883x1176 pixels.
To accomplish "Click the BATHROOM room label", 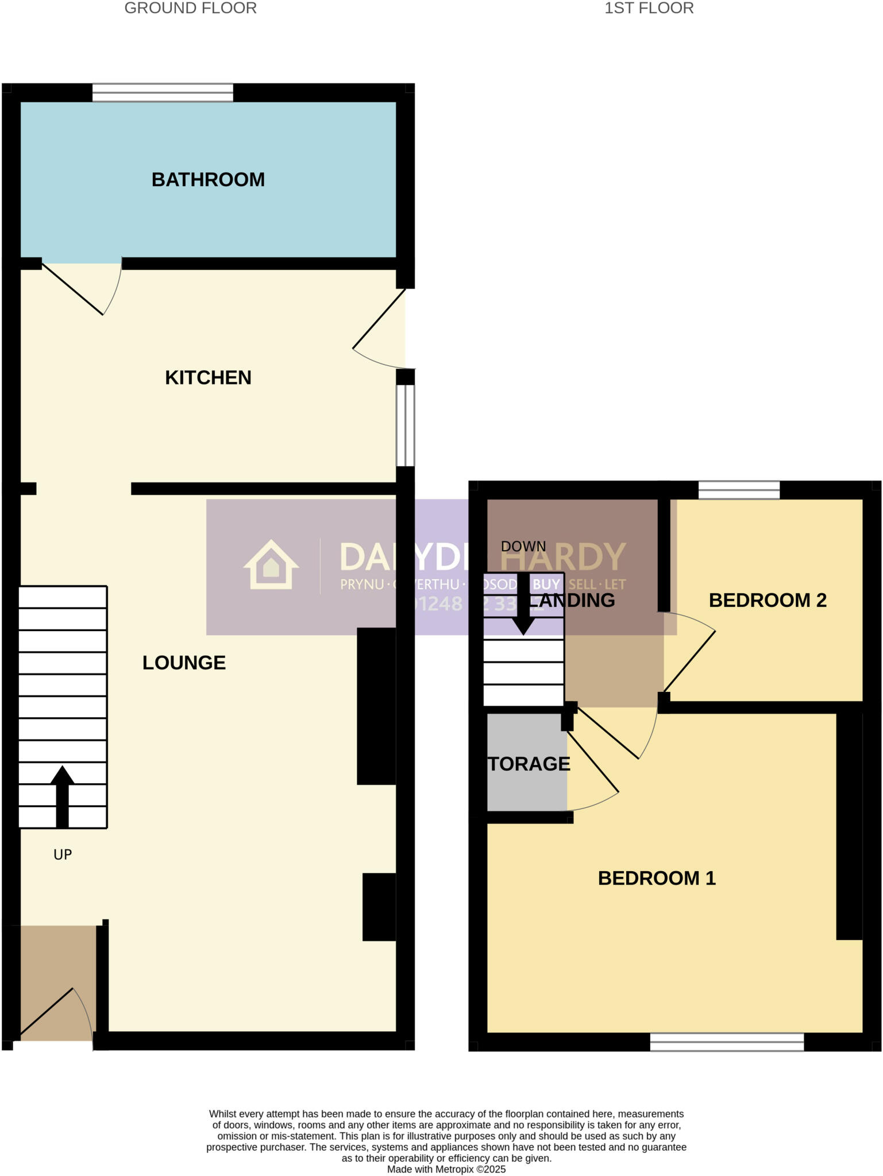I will [x=208, y=180].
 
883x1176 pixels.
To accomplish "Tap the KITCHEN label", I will [x=208, y=378].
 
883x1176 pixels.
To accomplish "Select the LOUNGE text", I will [x=184, y=663].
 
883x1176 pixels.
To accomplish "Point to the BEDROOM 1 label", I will [x=657, y=878].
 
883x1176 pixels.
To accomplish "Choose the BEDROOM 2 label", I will [x=768, y=600].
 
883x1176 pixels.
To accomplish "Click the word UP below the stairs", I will [x=63, y=854].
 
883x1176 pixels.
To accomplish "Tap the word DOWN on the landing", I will [x=523, y=546].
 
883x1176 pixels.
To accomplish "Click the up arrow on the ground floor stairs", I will [x=62, y=795].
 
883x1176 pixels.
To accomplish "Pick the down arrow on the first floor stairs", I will [x=523, y=606].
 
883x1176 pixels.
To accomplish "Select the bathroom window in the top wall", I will [x=163, y=92].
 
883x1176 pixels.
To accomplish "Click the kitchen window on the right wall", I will [x=406, y=425].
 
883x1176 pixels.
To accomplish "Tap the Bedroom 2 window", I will [x=739, y=490].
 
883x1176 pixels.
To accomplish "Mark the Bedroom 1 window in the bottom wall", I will [x=727, y=1042].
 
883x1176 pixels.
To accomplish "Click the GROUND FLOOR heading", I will [x=191, y=8].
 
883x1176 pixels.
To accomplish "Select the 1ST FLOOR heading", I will [x=649, y=8].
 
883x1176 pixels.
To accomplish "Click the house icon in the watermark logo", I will [x=271, y=565].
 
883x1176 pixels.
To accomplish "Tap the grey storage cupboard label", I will [x=529, y=764].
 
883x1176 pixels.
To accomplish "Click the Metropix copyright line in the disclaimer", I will [x=446, y=1169].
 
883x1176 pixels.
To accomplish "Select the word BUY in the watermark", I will [x=546, y=585].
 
